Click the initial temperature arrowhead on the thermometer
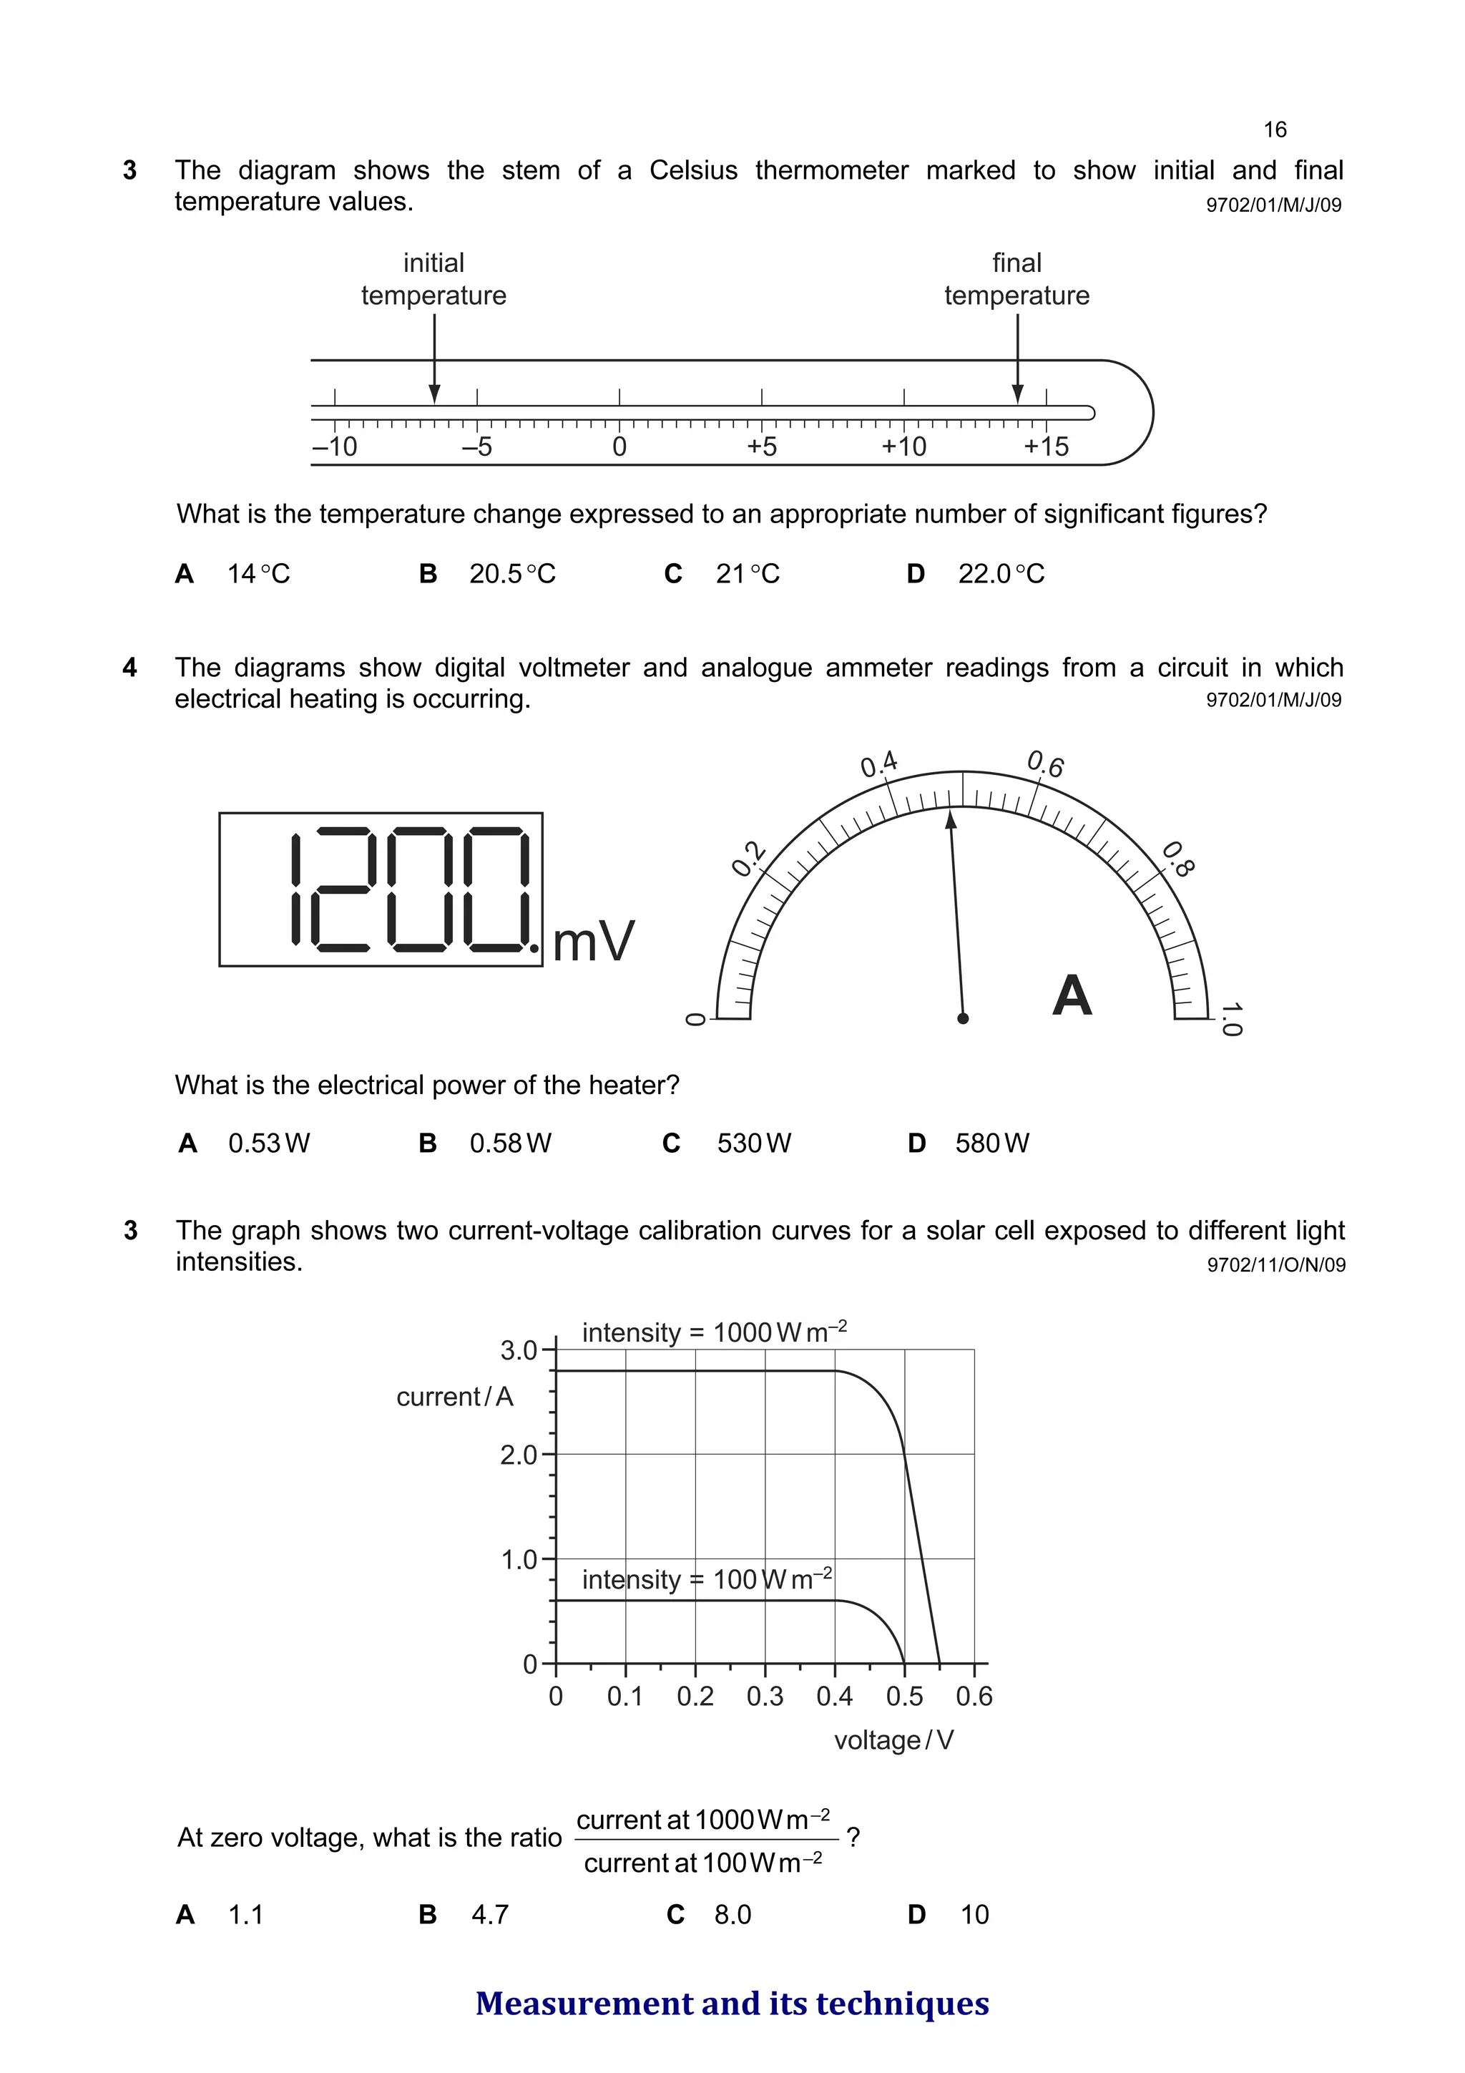[x=434, y=394]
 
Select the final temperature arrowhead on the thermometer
[x=1017, y=394]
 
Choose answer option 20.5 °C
[x=511, y=574]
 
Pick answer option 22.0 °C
[x=1000, y=574]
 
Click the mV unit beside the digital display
[x=593, y=942]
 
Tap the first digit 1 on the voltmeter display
[x=296, y=889]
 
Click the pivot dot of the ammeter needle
[x=963, y=1018]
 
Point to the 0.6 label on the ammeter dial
[x=1045, y=765]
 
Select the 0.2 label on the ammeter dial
[x=748, y=859]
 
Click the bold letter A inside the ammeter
[x=1072, y=996]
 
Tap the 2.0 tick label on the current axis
[x=519, y=1455]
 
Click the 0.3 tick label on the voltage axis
[x=765, y=1697]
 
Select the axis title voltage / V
[x=893, y=1740]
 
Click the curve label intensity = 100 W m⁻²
[x=707, y=1579]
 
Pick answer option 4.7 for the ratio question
[x=490, y=1914]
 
